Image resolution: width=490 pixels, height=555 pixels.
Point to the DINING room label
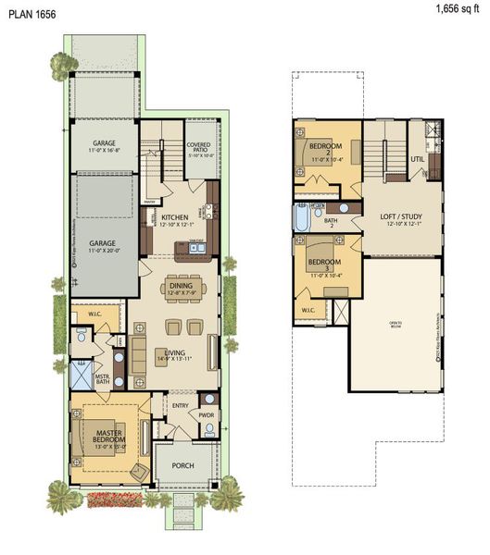click(182, 286)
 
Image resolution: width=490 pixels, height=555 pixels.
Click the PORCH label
click(183, 465)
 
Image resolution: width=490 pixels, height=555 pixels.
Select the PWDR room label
click(206, 415)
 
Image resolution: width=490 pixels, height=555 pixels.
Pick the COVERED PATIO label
click(198, 148)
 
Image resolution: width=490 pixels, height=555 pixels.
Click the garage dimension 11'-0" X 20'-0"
click(104, 249)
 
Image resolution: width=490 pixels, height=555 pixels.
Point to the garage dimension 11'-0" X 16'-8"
click(104, 152)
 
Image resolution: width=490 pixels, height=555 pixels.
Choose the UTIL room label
click(417, 158)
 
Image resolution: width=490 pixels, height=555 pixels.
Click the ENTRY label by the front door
click(182, 404)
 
